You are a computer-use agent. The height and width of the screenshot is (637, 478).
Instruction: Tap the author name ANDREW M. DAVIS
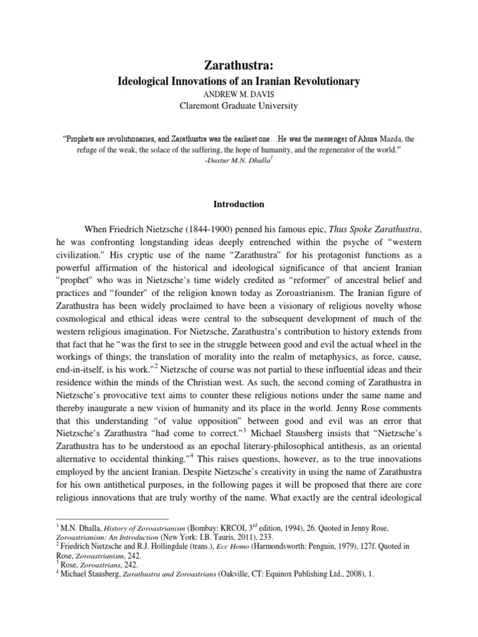pyautogui.click(x=239, y=94)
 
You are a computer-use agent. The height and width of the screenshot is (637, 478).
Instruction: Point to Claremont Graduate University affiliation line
pyautogui.click(x=239, y=106)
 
